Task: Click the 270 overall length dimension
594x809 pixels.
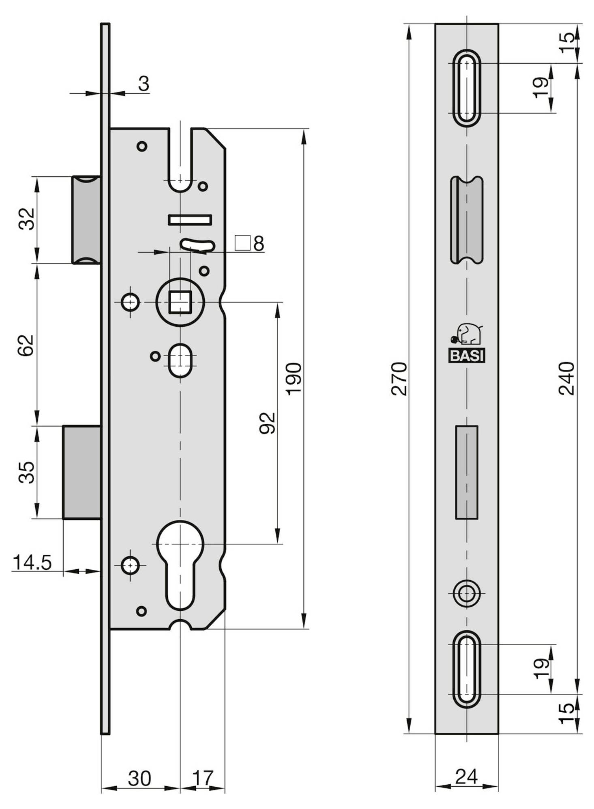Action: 399,378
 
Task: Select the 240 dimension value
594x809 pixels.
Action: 566,378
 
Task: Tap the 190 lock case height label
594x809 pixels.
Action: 294,378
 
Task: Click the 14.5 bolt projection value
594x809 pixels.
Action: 32,562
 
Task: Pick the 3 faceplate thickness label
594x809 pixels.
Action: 144,84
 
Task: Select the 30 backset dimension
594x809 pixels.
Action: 139,778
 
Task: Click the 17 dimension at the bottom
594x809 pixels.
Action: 202,778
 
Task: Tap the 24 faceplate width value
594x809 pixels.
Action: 467,777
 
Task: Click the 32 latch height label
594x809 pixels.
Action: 27,219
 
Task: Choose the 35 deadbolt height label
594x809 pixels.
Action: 27,472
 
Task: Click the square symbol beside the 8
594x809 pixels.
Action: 242,243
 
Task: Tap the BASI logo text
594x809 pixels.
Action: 467,356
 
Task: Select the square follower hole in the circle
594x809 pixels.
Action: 180,302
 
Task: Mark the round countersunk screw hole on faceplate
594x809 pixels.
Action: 467,594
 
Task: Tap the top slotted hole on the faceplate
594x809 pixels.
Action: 467,88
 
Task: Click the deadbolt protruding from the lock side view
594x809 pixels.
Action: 81,472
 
